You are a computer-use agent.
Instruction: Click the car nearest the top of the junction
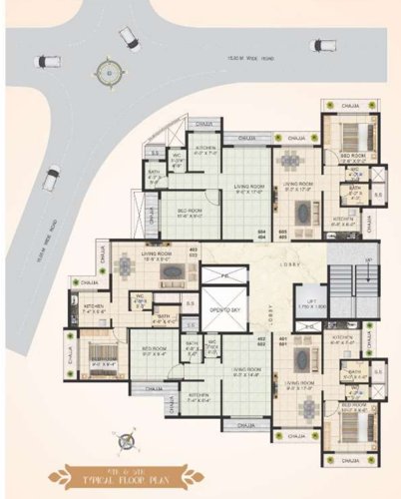click(x=130, y=38)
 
